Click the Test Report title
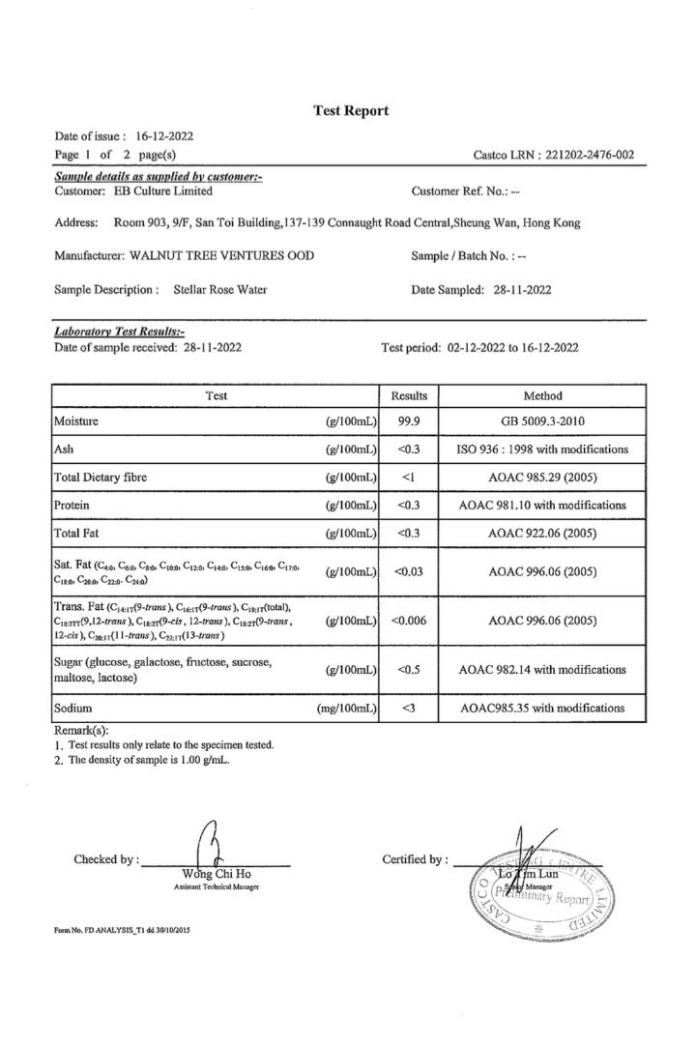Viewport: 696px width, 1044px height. [x=351, y=111]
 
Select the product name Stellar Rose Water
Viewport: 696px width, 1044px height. [x=219, y=289]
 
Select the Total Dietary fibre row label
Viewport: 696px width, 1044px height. [x=107, y=477]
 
